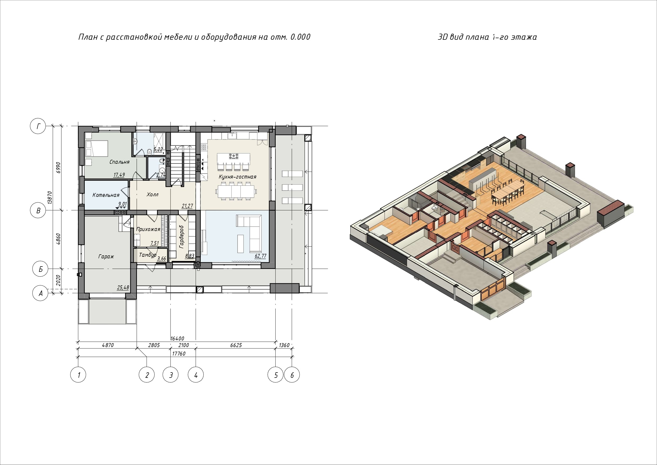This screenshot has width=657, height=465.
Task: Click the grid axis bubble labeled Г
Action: [x=38, y=126]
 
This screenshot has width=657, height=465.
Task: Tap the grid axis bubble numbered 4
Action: [x=196, y=375]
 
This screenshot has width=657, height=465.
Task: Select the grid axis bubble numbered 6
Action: [x=292, y=375]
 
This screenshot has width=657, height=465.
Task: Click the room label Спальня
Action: [x=119, y=162]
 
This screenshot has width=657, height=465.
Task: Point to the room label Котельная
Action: [x=106, y=195]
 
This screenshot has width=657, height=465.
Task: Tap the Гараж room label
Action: [x=106, y=256]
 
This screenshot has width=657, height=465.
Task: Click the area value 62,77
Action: [x=260, y=256]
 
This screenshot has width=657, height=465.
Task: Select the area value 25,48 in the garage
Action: [x=123, y=287]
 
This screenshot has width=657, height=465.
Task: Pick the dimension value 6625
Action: [x=236, y=345]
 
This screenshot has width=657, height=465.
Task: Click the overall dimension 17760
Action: [x=178, y=354]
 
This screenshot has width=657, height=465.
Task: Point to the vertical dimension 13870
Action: [x=50, y=198]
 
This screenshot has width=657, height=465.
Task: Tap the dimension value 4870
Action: [x=108, y=345]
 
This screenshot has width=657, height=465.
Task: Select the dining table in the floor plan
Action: [x=236, y=192]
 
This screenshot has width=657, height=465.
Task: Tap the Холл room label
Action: [x=152, y=195]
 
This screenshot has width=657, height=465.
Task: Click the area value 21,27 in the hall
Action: [x=187, y=206]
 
